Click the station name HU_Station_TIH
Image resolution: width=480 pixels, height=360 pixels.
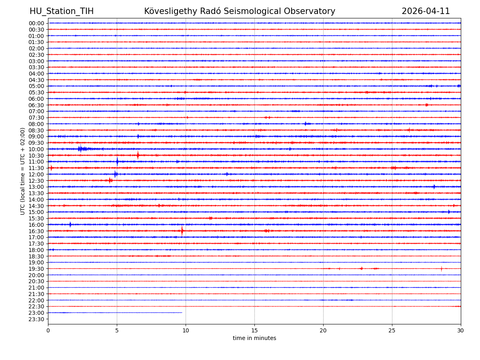click(x=62, y=11)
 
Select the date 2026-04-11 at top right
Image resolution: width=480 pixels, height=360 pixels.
click(x=426, y=11)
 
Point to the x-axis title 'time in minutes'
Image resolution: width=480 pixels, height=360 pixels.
click(x=254, y=338)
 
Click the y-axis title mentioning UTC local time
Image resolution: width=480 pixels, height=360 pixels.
click(x=23, y=171)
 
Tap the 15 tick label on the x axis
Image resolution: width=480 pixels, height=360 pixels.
click(x=254, y=331)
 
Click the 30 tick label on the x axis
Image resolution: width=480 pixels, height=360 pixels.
click(x=460, y=331)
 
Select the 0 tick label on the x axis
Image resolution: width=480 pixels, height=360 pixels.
click(x=48, y=331)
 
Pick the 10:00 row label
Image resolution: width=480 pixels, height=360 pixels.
click(x=36, y=149)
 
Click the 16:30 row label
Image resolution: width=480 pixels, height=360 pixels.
click(x=36, y=231)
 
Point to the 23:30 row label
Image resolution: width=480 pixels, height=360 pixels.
click(x=36, y=319)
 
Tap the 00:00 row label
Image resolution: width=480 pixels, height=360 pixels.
click(x=36, y=23)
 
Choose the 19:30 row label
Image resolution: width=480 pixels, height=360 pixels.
click(x=36, y=269)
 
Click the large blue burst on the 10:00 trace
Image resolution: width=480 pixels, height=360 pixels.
click(x=80, y=149)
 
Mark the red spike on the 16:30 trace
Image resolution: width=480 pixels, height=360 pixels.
click(x=182, y=231)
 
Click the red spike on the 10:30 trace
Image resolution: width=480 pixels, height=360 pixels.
click(x=138, y=155)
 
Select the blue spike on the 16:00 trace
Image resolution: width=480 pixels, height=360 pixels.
click(x=70, y=224)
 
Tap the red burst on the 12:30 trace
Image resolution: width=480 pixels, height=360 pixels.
click(x=110, y=180)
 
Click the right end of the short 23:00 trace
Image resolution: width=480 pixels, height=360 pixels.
click(x=182, y=312)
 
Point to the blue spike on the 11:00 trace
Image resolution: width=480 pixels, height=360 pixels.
click(x=117, y=162)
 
